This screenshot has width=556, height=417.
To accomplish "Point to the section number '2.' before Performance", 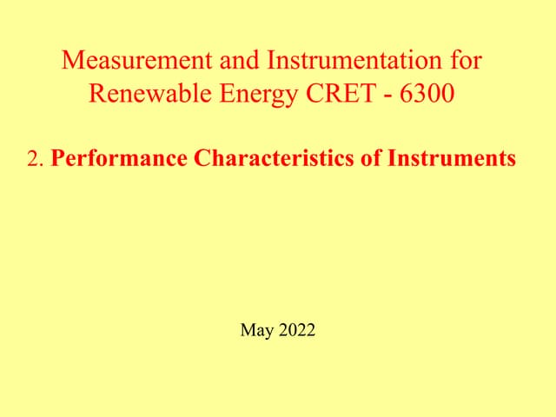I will pyautogui.click(x=36, y=160).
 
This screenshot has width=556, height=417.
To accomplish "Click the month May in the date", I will pyautogui.click(x=256, y=330).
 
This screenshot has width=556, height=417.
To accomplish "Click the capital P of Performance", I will pyautogui.click(x=58, y=160).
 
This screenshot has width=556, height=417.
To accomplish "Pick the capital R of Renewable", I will pyautogui.click(x=97, y=92).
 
